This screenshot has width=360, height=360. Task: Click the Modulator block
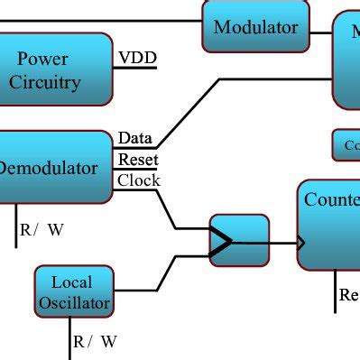click(x=255, y=26)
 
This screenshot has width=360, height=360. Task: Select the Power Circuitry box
click(x=56, y=70)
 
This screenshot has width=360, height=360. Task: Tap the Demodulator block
click(x=54, y=167)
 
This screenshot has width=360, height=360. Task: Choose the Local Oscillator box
click(x=74, y=291)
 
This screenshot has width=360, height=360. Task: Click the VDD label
click(x=137, y=59)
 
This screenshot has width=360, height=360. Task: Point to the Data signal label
click(x=134, y=138)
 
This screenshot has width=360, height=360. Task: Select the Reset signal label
click(x=138, y=160)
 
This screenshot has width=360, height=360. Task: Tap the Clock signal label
click(x=139, y=180)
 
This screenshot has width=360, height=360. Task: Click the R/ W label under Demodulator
click(x=42, y=229)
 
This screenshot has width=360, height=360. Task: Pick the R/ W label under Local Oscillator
click(x=95, y=341)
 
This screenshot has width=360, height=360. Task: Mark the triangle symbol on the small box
click(x=221, y=241)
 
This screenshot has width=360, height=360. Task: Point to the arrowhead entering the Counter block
click(x=300, y=242)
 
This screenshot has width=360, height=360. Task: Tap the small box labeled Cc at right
click(x=346, y=144)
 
